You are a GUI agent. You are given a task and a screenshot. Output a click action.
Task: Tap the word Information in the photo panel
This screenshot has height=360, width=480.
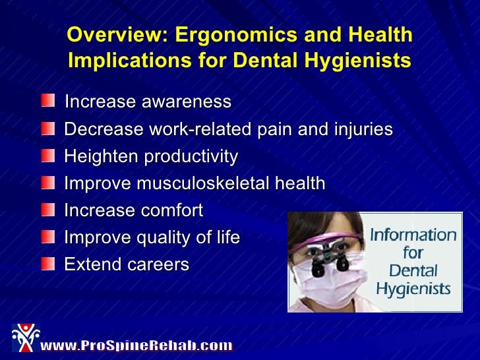pyautogui.click(x=413, y=235)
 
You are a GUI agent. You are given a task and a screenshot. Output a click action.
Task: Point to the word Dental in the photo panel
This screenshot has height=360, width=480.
pyautogui.click(x=412, y=270)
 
